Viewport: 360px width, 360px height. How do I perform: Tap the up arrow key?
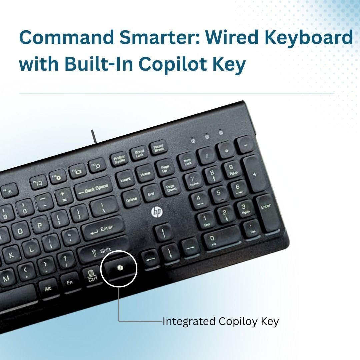tap(164, 232)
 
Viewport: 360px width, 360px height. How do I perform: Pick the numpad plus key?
tap(255, 174)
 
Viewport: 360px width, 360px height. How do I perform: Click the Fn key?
tap(70, 283)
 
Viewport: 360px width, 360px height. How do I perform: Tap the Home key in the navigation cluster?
tap(145, 174)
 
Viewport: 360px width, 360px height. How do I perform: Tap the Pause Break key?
tap(159, 148)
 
